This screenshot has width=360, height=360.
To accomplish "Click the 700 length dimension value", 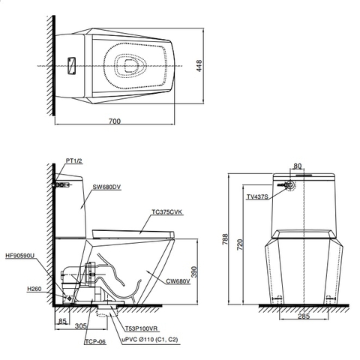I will (x=113, y=119).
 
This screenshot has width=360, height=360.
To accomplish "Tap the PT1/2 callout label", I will (x=73, y=160).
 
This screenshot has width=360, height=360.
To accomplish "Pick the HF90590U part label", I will (x=19, y=255).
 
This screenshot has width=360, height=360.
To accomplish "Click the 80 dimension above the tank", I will (x=297, y=166).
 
